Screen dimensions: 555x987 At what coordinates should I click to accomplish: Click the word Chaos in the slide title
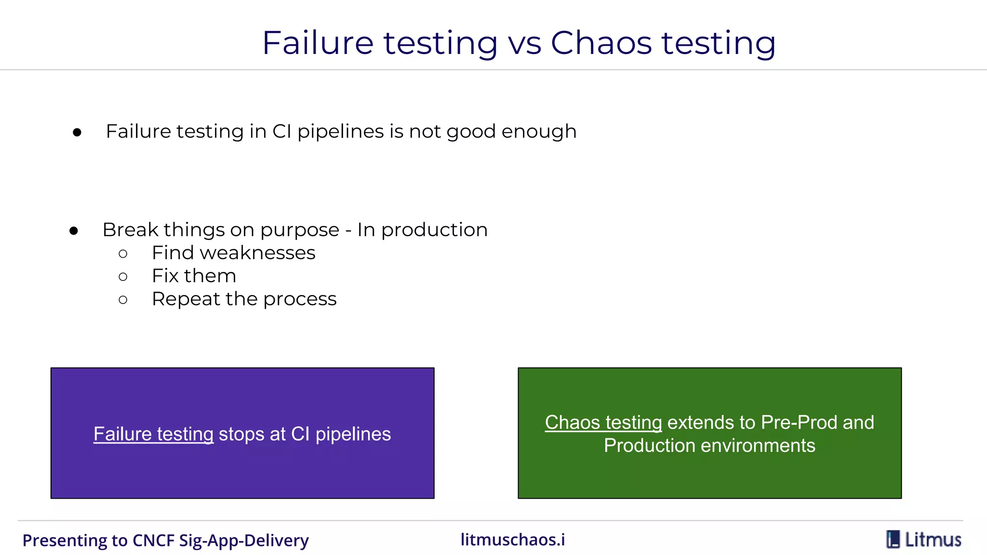(601, 43)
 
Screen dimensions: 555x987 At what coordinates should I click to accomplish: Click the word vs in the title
(524, 43)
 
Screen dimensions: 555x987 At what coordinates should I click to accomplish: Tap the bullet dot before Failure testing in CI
(77, 132)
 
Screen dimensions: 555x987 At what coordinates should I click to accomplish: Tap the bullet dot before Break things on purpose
(74, 231)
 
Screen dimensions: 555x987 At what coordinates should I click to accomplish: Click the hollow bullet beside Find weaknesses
(123, 253)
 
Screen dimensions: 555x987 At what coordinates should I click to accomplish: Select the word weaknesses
(258, 253)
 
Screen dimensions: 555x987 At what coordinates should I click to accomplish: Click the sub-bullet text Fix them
(194, 276)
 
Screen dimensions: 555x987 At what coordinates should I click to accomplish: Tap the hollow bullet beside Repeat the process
(123, 300)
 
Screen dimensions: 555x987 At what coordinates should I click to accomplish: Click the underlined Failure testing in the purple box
(153, 434)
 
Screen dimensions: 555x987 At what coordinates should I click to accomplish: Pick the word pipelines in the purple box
(353, 434)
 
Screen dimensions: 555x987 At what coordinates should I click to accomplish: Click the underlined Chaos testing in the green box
(603, 423)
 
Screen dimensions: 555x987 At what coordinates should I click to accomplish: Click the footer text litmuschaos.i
(513, 540)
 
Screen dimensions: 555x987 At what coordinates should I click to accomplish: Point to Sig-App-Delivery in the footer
(244, 541)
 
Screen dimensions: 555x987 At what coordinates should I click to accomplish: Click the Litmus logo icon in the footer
(893, 540)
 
